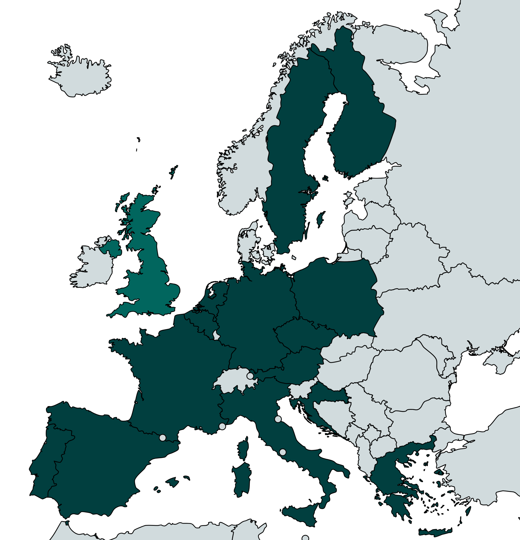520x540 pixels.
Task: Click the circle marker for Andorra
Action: pyautogui.click(x=163, y=437)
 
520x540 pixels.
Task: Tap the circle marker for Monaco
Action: pyautogui.click(x=222, y=427)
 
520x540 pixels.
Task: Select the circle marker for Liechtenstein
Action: pyautogui.click(x=250, y=376)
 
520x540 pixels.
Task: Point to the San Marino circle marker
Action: pyautogui.click(x=278, y=419)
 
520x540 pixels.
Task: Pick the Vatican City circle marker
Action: pyautogui.click(x=283, y=452)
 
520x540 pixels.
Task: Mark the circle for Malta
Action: pyautogui.click(x=305, y=538)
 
